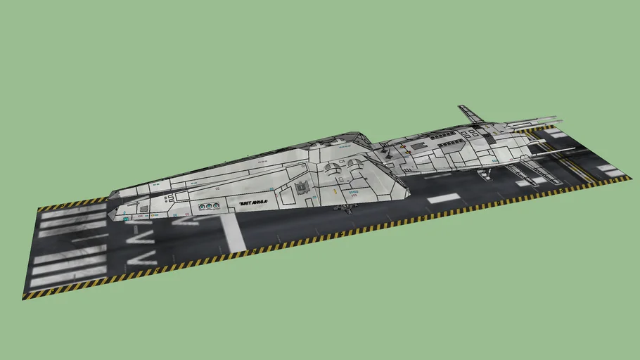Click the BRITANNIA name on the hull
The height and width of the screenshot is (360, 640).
pyautogui.click(x=254, y=203)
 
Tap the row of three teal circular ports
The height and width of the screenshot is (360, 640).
pyautogui.click(x=207, y=207)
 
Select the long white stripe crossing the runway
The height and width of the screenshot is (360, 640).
pyautogui.click(x=231, y=232)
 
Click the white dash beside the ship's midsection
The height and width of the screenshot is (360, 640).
pyautogui.click(x=443, y=198)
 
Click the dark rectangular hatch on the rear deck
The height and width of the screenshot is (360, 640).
pyautogui.click(x=418, y=145)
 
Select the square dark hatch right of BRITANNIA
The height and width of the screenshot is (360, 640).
pyautogui.click(x=302, y=188)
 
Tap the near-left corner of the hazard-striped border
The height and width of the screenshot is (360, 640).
pyautogui.click(x=25, y=296)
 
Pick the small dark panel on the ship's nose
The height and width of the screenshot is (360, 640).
pyautogui.click(x=143, y=209)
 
